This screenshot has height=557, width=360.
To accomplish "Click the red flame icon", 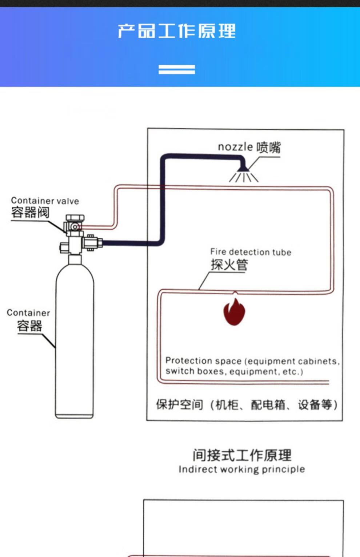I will click(x=234, y=312).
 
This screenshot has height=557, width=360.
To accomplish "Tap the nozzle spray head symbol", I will click(x=243, y=173).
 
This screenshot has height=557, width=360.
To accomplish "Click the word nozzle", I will click(x=235, y=147).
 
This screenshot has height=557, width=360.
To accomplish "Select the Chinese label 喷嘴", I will click(x=269, y=148).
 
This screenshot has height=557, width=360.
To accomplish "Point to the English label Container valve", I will click(x=45, y=201).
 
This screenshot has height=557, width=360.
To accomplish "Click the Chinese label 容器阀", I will click(x=30, y=212).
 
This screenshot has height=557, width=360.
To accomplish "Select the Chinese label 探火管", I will click(x=229, y=265).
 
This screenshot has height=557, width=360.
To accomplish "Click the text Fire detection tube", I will click(x=251, y=252).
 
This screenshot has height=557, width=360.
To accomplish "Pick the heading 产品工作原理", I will click(x=177, y=31).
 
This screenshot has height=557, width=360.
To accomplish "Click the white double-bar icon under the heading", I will click(x=177, y=69).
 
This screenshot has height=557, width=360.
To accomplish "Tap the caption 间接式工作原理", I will click(x=242, y=455).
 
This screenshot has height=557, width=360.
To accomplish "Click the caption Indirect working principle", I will click(x=242, y=469).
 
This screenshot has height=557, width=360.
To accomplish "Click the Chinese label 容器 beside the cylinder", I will click(x=29, y=326).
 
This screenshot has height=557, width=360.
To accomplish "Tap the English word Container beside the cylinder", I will click(x=28, y=313).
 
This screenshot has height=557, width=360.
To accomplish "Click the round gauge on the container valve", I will click(x=75, y=227).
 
